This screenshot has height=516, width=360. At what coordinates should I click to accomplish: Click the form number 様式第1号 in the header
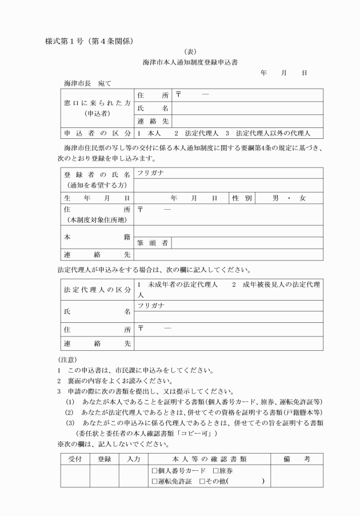(x=67, y=42)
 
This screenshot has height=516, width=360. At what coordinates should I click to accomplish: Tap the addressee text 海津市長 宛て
(x=87, y=84)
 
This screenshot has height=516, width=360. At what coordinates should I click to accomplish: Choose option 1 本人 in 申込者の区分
(x=148, y=134)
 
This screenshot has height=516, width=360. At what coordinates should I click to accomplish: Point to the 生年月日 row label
(x=97, y=198)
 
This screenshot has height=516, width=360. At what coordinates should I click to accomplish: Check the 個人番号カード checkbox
(x=154, y=471)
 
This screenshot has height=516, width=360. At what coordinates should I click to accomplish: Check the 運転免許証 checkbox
(x=154, y=482)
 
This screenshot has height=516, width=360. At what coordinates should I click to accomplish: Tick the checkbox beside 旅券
(x=215, y=471)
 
